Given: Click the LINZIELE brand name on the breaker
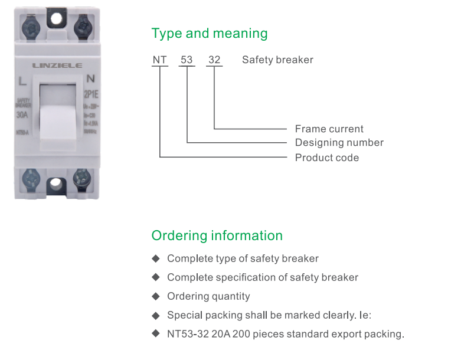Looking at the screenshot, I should tap(57, 66).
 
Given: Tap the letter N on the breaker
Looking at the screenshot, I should tap(90, 78).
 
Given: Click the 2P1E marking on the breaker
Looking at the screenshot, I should tap(90, 92).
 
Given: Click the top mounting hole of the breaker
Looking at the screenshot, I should tap(56, 19).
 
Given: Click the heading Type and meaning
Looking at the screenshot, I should tap(210, 34).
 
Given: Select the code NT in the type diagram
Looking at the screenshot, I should tap(159, 60).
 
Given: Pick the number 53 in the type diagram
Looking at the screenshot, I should tap(187, 60).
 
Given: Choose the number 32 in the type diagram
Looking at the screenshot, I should tap(214, 60).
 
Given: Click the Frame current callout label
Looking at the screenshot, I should tap(329, 129).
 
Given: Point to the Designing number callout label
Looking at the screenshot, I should tap(339, 143).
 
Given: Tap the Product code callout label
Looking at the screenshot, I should tap(327, 158).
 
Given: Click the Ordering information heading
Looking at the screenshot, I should tap(217, 235).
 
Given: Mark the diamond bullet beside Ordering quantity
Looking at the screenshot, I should tap(156, 296).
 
